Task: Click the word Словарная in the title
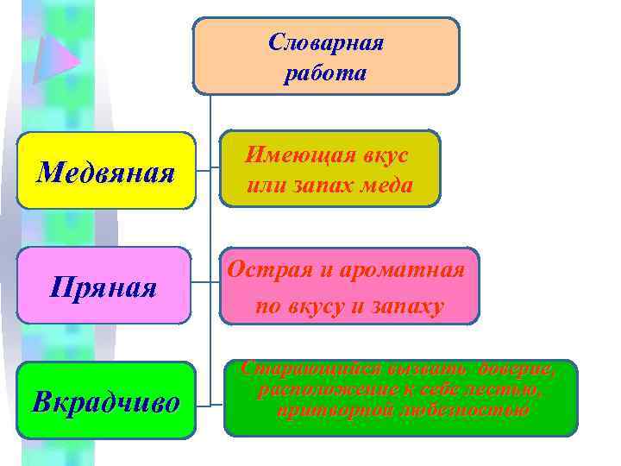click(326, 42)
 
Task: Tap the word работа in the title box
click(326, 73)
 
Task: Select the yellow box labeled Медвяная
click(106, 171)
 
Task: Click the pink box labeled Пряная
click(103, 286)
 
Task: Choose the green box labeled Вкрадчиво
click(106, 401)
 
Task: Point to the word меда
click(386, 185)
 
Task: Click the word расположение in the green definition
click(317, 390)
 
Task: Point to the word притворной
click(331, 410)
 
